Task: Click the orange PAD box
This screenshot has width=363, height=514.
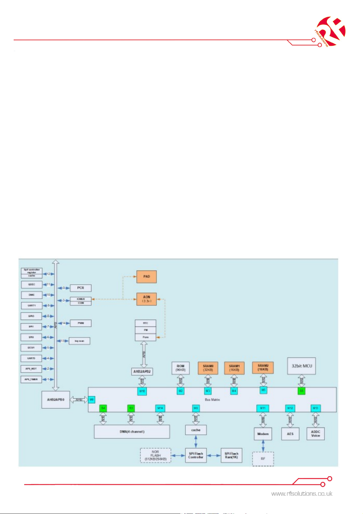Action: tap(146, 277)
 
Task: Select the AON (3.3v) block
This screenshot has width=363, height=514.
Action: tap(146, 299)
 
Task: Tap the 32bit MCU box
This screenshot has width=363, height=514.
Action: tap(301, 366)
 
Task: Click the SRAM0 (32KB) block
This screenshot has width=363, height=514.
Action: tap(208, 368)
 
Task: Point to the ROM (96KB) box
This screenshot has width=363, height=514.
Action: tap(180, 368)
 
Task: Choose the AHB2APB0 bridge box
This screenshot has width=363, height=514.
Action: tap(56, 400)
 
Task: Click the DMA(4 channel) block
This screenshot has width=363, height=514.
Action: tap(132, 432)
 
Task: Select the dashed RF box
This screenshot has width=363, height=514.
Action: tap(263, 459)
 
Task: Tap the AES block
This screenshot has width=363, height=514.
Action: tap(290, 434)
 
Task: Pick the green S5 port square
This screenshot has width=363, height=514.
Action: tap(301, 391)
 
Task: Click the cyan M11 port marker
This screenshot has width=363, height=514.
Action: tap(263, 408)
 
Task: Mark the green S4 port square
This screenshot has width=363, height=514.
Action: tap(103, 408)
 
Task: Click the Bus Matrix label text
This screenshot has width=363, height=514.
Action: tap(212, 400)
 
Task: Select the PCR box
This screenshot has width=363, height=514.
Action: tap(80, 288)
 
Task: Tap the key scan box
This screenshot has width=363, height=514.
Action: tap(80, 341)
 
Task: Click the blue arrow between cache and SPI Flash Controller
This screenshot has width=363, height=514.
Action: tap(196, 442)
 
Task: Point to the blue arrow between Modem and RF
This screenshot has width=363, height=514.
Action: tap(263, 446)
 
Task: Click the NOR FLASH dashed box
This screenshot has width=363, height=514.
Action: tap(155, 455)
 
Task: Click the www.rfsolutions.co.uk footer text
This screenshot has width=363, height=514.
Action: tap(302, 494)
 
